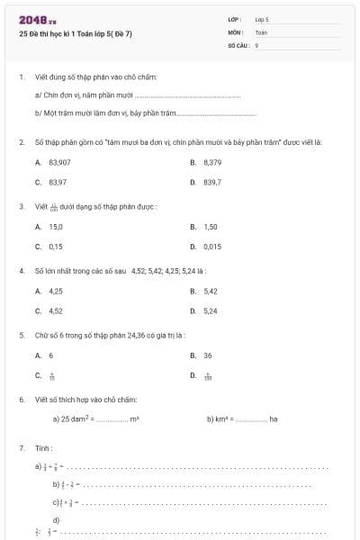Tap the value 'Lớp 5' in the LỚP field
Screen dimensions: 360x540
[262, 18]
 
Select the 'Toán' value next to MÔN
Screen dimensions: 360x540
[261, 31]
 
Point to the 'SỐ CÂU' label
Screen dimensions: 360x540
[238, 44]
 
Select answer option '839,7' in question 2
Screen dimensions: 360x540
[212, 182]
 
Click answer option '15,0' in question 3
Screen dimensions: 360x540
[56, 227]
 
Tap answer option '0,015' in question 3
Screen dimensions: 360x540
[212, 246]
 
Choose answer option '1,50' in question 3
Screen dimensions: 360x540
[211, 227]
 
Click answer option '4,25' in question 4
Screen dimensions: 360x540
[56, 291]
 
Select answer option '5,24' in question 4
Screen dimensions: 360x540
[211, 310]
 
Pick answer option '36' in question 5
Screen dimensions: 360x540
[208, 355]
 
